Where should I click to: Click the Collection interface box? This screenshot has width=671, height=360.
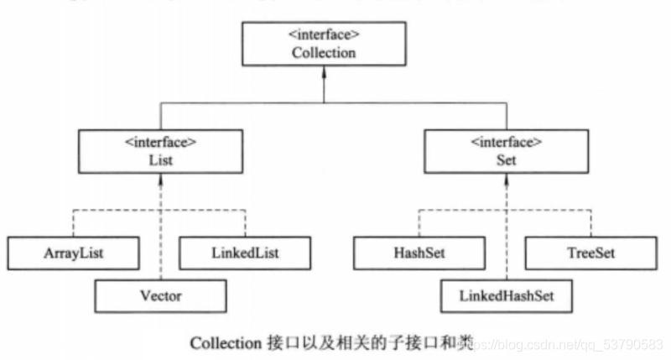324,44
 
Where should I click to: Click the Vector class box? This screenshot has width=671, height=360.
160,295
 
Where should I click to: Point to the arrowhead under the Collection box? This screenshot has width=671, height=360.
324,73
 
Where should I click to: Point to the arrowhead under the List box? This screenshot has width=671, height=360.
159,180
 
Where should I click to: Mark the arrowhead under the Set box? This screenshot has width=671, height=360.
505,180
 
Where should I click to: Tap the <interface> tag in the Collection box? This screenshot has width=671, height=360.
324,36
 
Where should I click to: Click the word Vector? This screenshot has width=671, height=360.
160,295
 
